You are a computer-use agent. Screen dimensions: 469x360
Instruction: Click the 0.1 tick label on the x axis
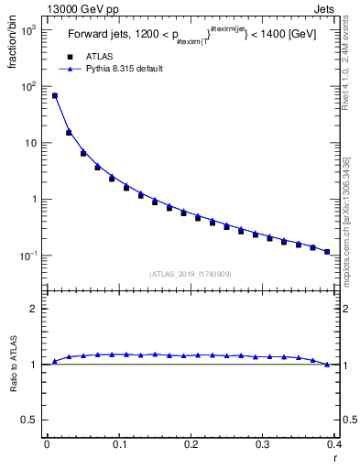[x=118, y=444]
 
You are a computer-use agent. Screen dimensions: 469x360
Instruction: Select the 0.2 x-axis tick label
[x=191, y=444]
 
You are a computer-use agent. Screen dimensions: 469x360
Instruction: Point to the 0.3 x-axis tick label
[x=263, y=444]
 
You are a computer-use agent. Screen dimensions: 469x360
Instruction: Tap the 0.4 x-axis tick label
[x=333, y=444]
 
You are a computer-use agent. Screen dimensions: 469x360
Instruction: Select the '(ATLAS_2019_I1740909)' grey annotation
[x=191, y=274]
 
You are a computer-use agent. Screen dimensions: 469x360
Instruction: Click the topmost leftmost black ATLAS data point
[x=54, y=95]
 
